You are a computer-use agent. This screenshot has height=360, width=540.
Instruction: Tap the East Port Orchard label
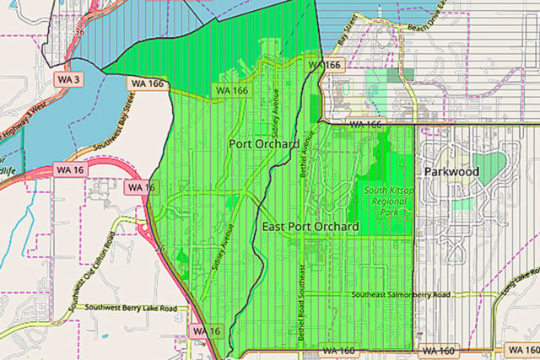310,228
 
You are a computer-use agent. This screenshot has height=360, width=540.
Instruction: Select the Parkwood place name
451,172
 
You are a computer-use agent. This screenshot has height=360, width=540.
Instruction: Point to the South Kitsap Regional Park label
391,201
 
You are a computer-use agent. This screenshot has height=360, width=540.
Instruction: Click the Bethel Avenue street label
306,150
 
